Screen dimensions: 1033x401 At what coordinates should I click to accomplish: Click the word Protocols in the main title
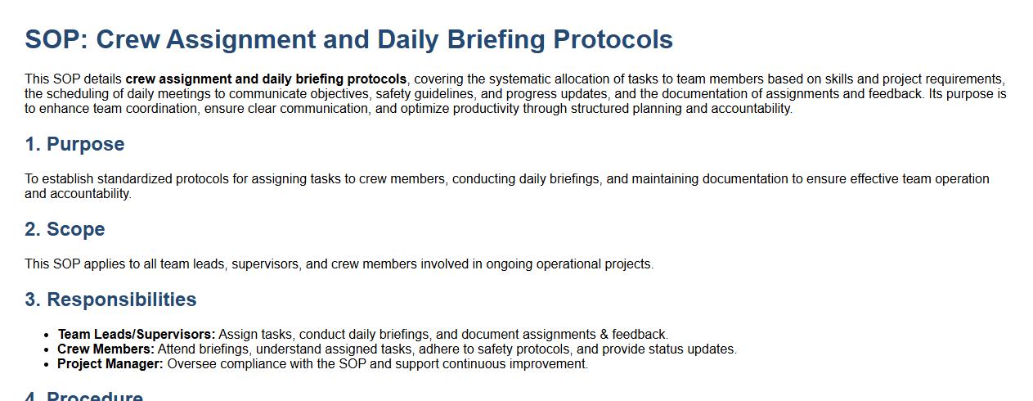pos(613,39)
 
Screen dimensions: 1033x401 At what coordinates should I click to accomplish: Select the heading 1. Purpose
pos(74,144)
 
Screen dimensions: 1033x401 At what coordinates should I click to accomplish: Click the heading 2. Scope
pos(65,229)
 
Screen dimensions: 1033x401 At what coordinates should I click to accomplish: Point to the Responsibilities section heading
pos(110,300)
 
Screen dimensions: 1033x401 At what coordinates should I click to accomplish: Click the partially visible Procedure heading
pos(84,396)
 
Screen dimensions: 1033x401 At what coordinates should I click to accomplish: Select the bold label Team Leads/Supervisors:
pos(137,334)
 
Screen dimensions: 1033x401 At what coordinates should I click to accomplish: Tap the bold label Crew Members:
pos(106,349)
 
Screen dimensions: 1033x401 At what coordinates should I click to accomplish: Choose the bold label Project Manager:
pos(110,363)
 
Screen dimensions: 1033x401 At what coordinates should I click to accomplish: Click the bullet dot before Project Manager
pos(46,364)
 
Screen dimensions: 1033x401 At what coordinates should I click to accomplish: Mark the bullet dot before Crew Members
pos(46,349)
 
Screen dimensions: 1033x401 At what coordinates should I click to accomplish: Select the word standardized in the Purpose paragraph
pos(135,179)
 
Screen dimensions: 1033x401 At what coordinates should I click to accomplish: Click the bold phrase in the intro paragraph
pos(266,79)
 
